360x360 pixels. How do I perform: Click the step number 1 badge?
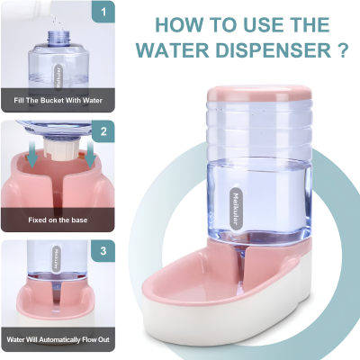103,13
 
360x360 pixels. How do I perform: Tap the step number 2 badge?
103,131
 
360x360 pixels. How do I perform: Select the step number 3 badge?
103,251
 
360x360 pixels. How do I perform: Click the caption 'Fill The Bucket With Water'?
58,100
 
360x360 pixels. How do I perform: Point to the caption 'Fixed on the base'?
58,220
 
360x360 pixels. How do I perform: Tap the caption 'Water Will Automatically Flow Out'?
58,339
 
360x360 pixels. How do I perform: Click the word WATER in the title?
173,50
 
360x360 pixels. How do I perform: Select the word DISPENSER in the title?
274,50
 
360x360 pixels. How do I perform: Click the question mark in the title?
343,50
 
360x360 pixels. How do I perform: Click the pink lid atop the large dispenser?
259,94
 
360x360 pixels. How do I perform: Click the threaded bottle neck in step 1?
59,38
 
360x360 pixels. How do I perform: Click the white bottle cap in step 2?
62,148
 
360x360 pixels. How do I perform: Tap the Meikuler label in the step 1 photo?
58,76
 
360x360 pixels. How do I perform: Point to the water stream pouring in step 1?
55,19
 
